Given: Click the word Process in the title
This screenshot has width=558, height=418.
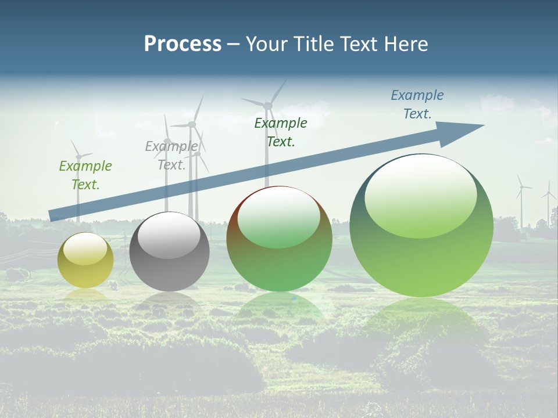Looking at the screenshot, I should (x=183, y=44).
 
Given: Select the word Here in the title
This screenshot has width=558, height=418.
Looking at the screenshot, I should (x=406, y=44).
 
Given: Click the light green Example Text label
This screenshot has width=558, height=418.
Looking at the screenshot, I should (x=85, y=175).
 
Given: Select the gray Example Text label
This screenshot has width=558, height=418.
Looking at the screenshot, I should (x=171, y=155).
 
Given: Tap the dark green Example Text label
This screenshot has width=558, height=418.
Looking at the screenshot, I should (x=281, y=132).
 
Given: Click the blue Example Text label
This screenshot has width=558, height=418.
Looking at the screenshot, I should (x=417, y=105).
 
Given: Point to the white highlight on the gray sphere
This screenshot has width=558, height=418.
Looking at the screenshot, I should (x=169, y=235).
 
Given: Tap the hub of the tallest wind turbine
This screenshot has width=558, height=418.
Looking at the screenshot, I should (x=268, y=105).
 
